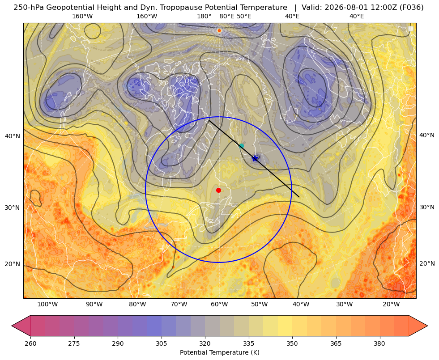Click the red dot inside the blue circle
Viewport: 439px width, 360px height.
(219, 190)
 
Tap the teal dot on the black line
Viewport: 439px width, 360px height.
(241, 146)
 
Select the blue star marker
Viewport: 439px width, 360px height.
(255, 158)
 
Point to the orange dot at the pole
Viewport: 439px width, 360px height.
(219, 30)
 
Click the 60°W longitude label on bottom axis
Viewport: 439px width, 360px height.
(219, 304)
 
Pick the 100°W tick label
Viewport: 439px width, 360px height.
(47, 304)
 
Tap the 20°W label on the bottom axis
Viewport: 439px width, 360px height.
(391, 304)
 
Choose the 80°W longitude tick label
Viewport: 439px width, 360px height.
(137, 304)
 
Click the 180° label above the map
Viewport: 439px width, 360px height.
(204, 16)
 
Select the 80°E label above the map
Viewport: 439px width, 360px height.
(227, 16)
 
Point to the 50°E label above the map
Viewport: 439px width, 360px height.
(244, 16)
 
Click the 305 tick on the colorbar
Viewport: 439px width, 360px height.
(161, 343)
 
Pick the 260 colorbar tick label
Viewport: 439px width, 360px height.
(30, 343)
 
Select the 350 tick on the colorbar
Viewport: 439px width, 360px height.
(292, 343)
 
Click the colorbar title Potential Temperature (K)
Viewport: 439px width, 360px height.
(219, 352)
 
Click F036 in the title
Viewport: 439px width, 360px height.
(413, 7)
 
